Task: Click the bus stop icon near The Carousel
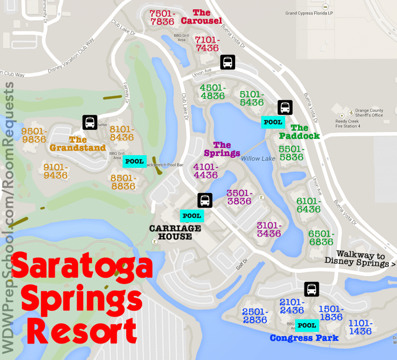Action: (227, 62)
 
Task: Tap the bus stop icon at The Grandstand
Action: (89, 123)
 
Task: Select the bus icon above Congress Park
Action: (311, 289)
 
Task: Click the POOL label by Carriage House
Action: (192, 216)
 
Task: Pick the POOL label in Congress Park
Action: (308, 325)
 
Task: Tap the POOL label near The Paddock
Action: (272, 122)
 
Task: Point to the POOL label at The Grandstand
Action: (135, 161)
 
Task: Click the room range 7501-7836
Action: (162, 17)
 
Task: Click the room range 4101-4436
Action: (206, 171)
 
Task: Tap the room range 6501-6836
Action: (320, 237)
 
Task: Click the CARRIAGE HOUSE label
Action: (171, 232)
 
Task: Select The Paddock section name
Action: (299, 132)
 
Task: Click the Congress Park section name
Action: (304, 338)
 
